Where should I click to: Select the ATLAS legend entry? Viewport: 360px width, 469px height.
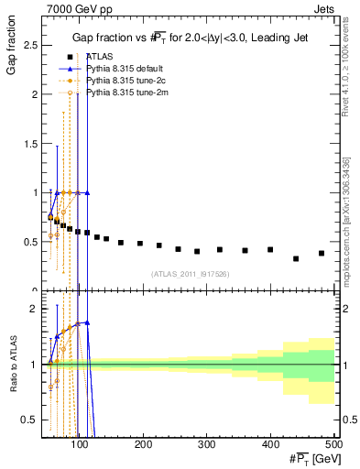(98, 57)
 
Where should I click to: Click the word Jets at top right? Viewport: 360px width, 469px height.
(323, 8)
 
